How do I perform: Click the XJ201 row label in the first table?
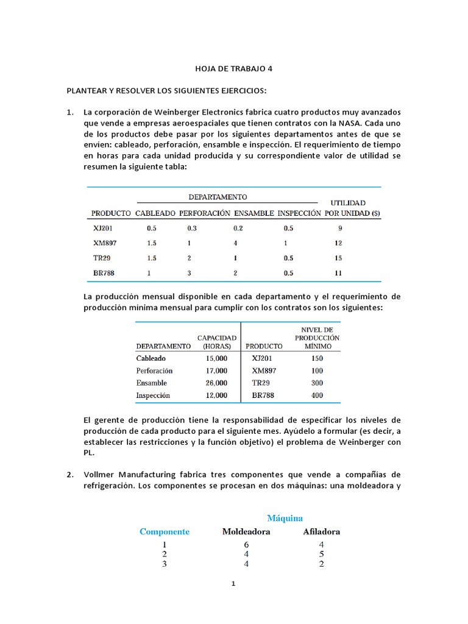tap(102, 229)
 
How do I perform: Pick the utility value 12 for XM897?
tap(338, 243)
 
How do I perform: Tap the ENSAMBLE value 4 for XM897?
tap(235, 243)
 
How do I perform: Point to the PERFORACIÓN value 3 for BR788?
tap(190, 273)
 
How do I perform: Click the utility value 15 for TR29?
tap(338, 258)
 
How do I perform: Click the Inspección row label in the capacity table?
tap(153, 395)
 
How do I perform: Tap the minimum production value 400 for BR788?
tap(316, 395)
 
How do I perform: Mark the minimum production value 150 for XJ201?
tap(316, 358)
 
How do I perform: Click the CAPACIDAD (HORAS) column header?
tap(213, 342)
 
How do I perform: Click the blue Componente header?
tap(165, 531)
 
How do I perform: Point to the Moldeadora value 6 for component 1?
tap(246, 545)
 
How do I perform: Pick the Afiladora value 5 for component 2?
tap(321, 555)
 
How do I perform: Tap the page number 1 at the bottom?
tap(233, 584)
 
